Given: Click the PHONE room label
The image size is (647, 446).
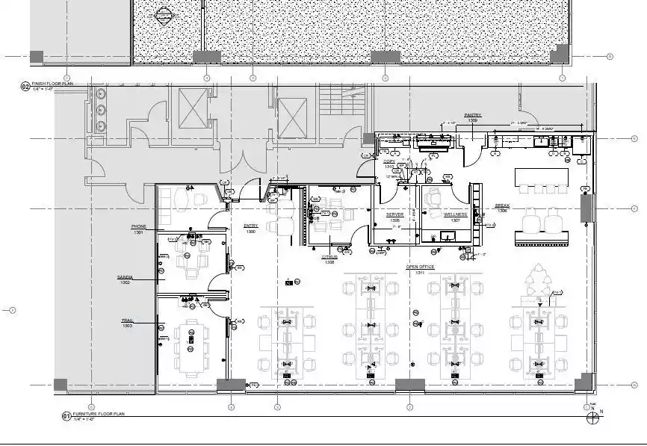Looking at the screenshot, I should tap(139, 227).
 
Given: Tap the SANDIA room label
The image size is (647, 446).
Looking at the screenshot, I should tap(125, 278).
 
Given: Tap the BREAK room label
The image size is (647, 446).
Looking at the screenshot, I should tap(501, 207).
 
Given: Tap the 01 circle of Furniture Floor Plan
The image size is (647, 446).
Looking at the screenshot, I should tap(66, 415).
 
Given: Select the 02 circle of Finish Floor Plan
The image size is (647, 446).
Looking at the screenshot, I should tap(25, 87).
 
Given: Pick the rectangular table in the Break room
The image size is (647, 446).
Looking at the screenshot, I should tap(541, 176).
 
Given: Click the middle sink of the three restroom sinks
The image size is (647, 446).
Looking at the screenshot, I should tap(101, 108).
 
